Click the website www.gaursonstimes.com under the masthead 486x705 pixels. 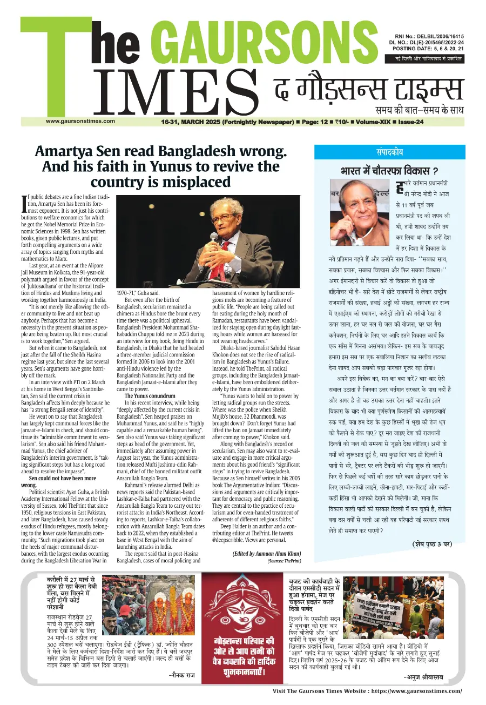pyautogui.click(x=80, y=121)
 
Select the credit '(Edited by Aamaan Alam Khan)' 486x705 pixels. pyautogui.click(x=267, y=553)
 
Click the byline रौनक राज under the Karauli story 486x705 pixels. pyautogui.click(x=181, y=675)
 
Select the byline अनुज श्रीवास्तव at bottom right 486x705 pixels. pyautogui.click(x=432, y=677)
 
